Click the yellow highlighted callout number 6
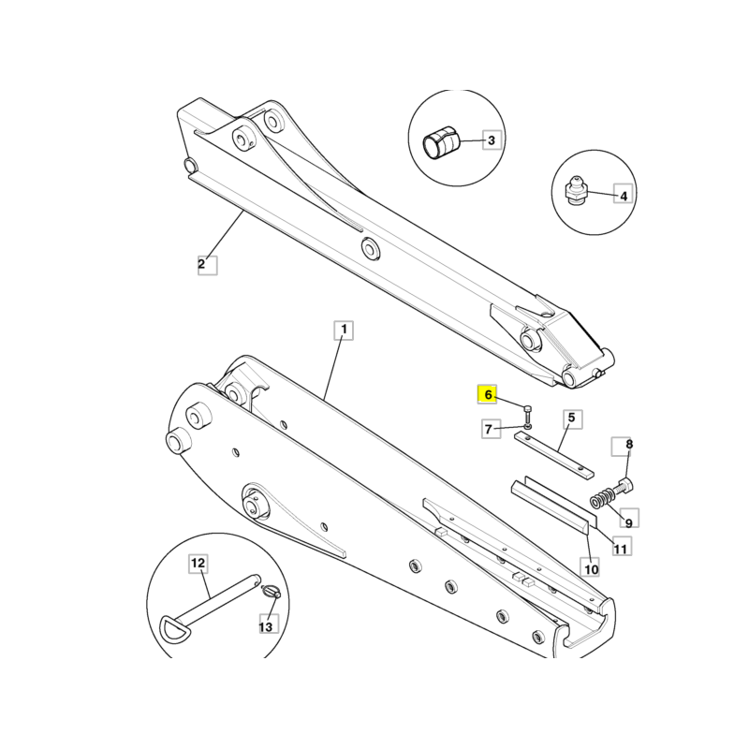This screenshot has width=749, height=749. click(487, 394)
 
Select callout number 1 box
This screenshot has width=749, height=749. click(344, 330)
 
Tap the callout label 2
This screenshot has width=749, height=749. click(207, 265)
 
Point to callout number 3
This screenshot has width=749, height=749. click(492, 140)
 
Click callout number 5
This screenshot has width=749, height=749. click(572, 419)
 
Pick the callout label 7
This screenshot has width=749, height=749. click(491, 429)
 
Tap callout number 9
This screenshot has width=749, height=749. click(629, 518)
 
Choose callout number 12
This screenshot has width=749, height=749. click(198, 564)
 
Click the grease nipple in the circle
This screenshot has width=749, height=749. click(575, 191)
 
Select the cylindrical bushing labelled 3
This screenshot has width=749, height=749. click(441, 143)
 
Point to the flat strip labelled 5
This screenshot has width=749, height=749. click(554, 454)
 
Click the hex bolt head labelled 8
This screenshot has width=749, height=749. click(626, 485)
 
